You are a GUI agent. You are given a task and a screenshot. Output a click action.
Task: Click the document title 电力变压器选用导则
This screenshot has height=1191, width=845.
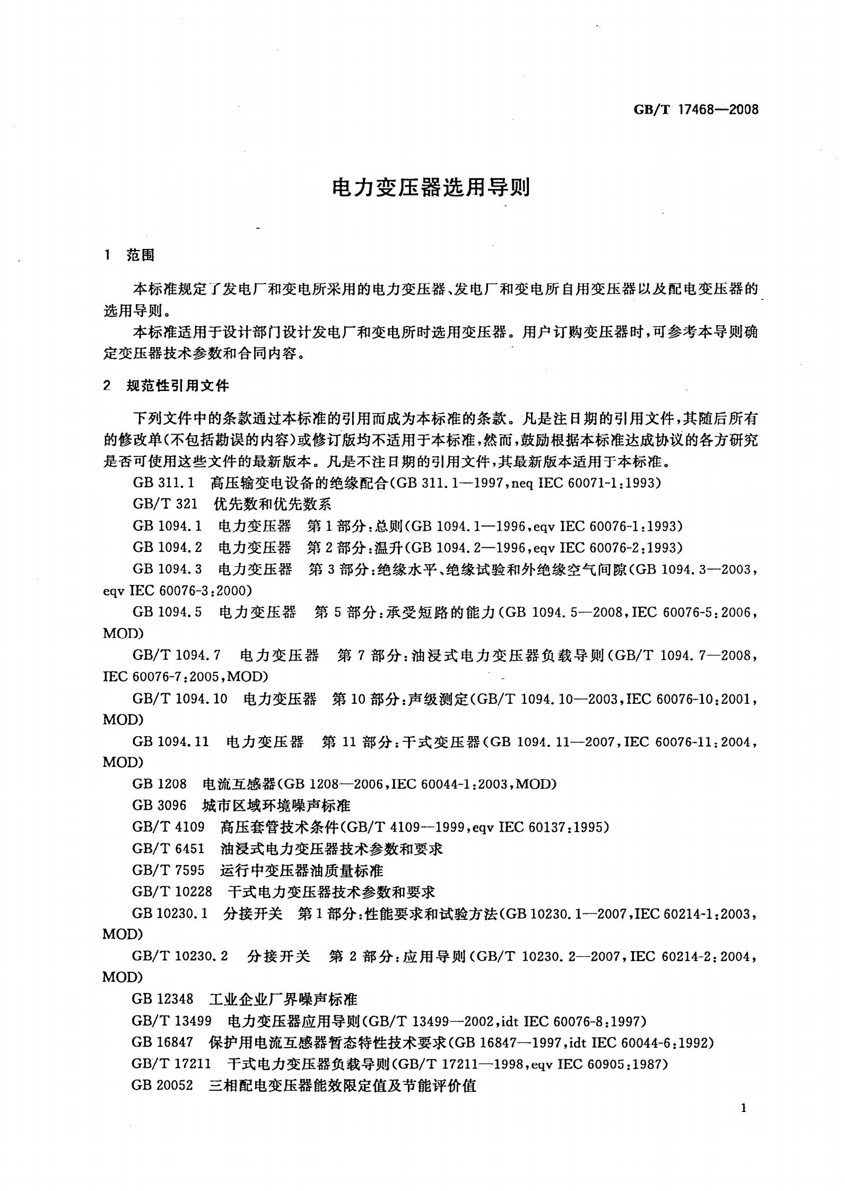[431, 187]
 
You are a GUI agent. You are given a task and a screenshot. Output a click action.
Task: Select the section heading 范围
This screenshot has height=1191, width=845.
[141, 255]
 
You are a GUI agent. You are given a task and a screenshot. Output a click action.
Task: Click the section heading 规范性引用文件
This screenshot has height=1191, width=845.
[178, 386]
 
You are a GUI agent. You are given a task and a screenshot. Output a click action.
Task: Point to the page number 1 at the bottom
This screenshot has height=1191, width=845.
[744, 1109]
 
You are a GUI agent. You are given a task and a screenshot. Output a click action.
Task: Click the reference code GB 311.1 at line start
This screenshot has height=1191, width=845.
[164, 483]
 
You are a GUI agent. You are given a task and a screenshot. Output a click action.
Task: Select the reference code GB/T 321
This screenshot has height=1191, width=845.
[165, 504]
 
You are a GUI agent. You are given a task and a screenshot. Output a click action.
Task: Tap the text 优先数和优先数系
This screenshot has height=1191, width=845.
[273, 504]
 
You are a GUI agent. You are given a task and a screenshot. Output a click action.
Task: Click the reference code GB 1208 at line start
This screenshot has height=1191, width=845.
[160, 784]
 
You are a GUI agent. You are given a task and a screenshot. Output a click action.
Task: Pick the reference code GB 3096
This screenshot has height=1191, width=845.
[160, 806]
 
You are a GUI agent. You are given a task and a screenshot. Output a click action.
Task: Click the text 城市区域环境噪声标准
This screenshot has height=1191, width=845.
[276, 806]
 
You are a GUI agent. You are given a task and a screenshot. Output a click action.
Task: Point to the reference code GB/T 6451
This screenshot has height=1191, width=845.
[168, 849]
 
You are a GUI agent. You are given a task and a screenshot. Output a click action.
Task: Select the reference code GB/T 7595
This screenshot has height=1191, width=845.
[168, 870]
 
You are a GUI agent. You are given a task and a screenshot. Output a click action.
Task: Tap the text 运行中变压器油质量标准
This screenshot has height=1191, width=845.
[301, 870]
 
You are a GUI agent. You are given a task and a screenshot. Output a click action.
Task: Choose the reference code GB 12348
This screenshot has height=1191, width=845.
[162, 1000]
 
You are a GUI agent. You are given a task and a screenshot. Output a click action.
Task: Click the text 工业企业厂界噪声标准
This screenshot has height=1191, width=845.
[283, 1000]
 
